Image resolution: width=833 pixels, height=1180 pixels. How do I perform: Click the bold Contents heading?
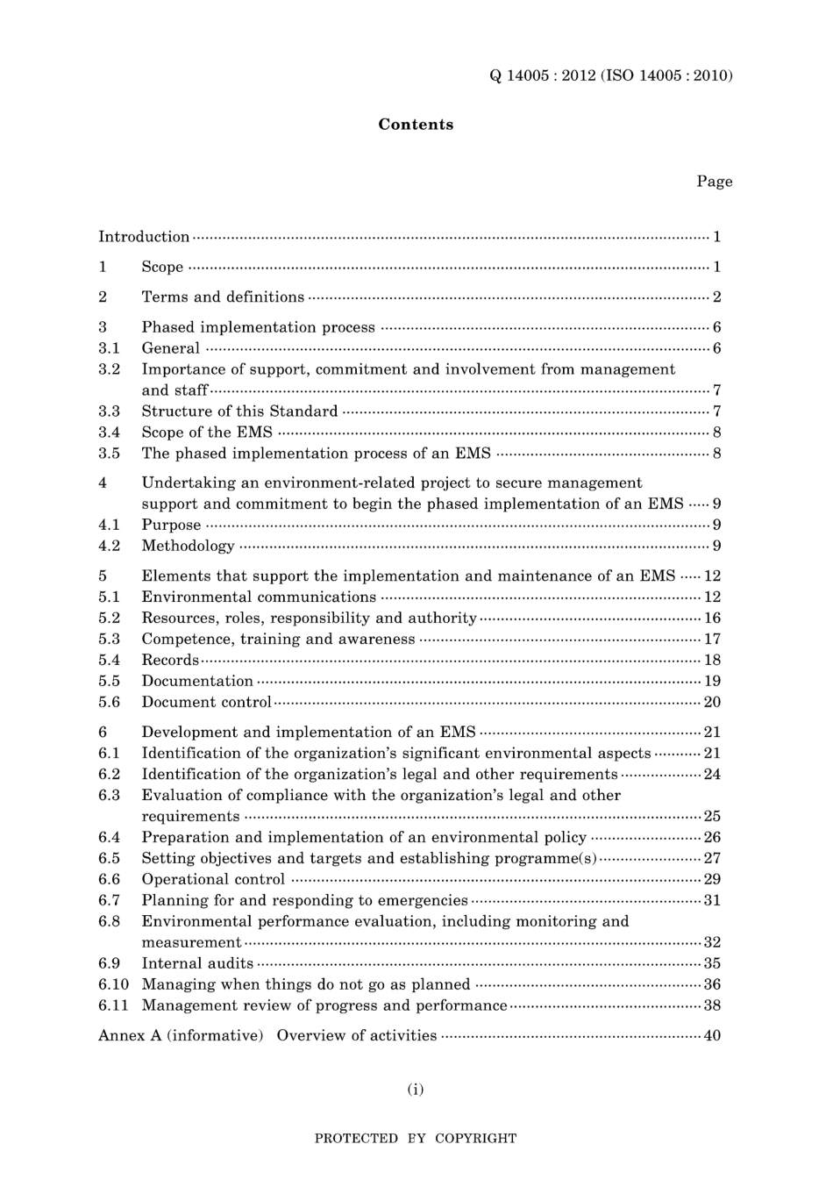416,125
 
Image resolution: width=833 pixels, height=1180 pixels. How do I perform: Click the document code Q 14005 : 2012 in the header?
542,75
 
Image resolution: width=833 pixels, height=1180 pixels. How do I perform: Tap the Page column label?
714,182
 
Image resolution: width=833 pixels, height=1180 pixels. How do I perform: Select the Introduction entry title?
144,237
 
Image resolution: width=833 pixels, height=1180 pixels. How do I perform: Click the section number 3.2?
109,369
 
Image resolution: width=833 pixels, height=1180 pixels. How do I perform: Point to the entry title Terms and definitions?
223,297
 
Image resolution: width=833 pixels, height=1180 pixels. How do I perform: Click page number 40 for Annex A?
712,1036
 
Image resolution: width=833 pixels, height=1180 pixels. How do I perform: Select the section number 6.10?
113,984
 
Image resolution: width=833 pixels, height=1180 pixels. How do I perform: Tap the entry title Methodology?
188,547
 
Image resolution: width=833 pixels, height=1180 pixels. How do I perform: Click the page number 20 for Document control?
712,703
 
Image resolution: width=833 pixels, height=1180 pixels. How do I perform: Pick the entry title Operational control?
213,880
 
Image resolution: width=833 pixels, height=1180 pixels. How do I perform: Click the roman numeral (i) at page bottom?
416,1090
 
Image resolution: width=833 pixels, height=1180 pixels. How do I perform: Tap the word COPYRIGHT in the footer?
475,1139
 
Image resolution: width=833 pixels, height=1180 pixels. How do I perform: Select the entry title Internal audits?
197,963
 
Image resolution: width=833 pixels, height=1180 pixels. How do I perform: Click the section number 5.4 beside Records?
109,661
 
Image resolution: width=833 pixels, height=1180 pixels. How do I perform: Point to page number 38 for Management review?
712,1006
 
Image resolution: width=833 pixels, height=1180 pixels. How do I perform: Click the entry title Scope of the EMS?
207,433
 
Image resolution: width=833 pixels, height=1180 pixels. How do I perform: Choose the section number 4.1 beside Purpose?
109,526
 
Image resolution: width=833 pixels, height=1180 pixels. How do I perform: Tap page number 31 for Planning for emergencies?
712,901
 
